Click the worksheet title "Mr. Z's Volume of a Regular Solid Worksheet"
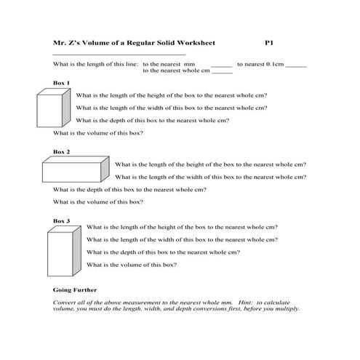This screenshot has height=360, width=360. pos(134,44)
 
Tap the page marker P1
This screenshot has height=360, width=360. pos(268,44)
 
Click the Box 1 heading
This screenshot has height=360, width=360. pos(62,83)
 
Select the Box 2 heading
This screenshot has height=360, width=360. pos(62,152)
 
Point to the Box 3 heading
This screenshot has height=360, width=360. pos(62,220)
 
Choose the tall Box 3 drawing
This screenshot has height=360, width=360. pos(64,252)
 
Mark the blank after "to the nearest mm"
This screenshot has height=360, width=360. pos(220,65)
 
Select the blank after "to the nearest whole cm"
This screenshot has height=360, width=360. pos(222,72)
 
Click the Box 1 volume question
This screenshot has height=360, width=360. pos(98,133)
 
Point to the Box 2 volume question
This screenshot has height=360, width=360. pos(98,201)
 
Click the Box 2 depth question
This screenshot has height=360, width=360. pos(129,189)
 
